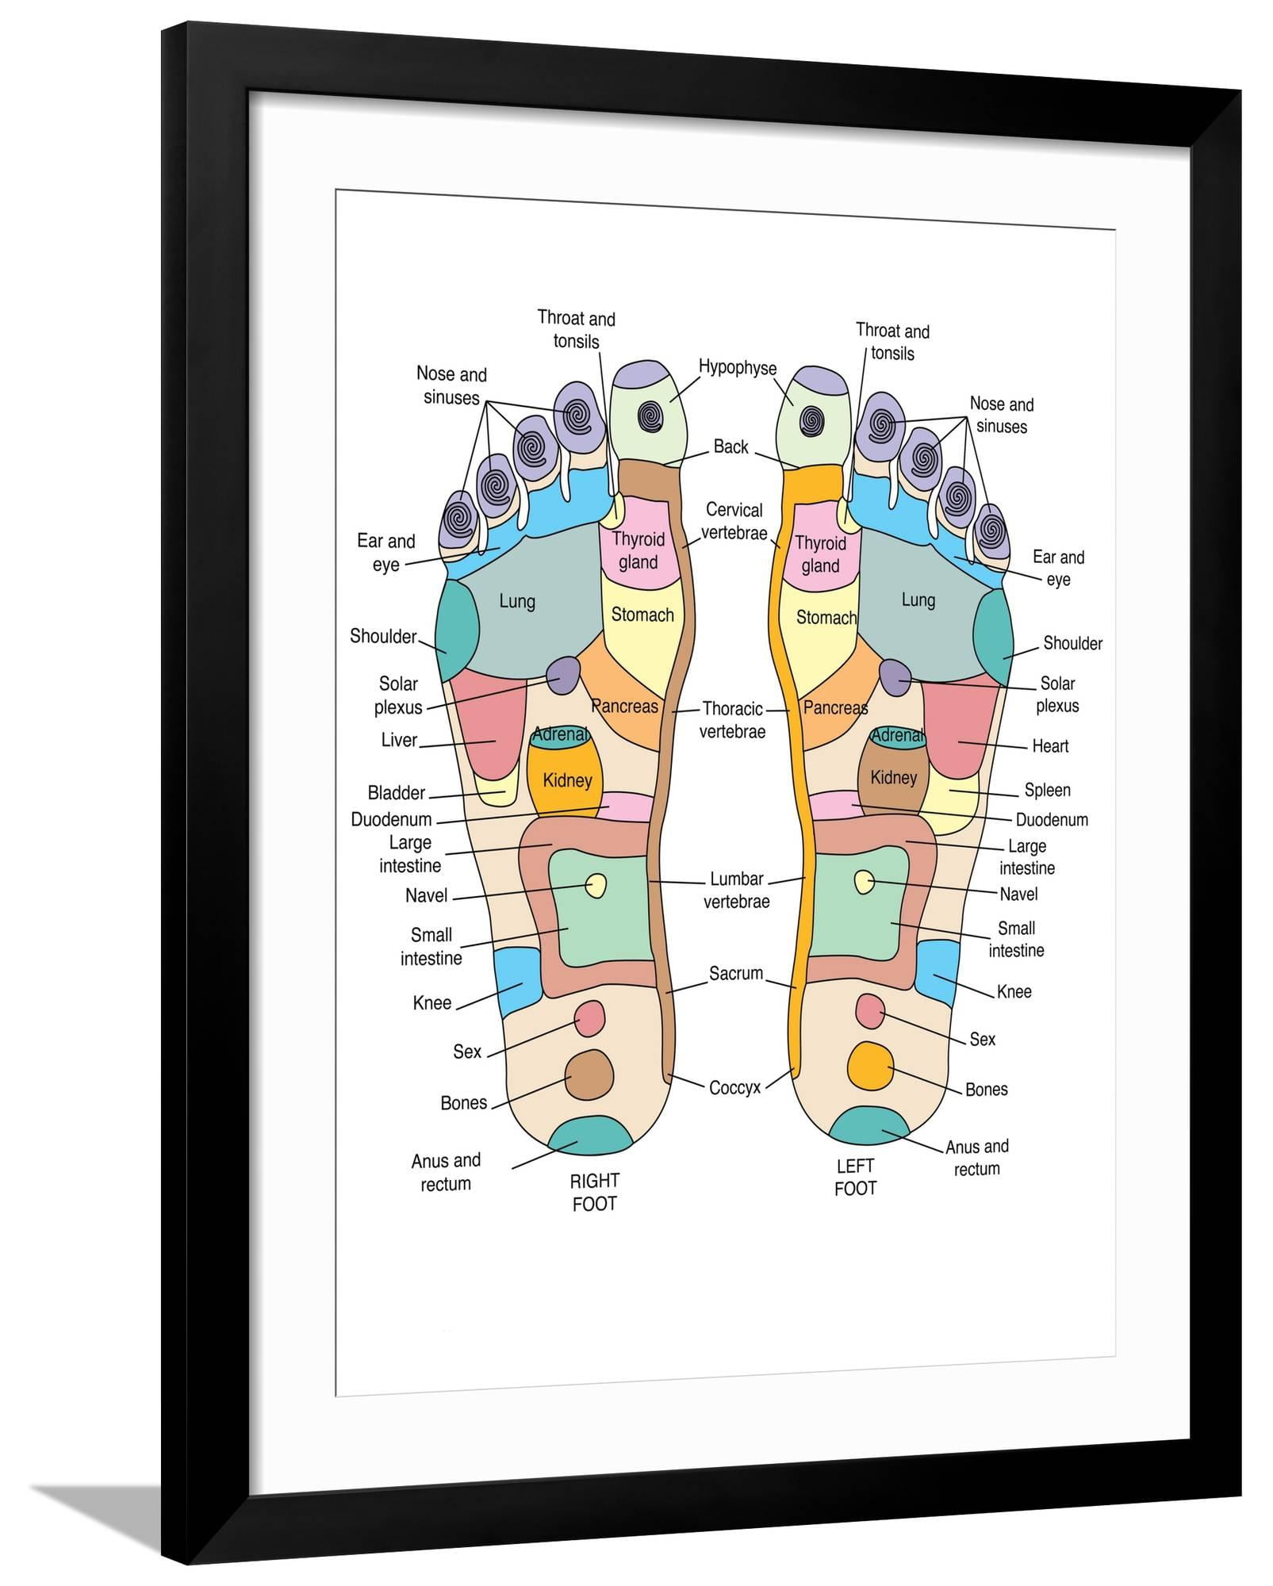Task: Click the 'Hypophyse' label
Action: pos(737,368)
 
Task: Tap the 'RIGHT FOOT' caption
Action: pos(594,1192)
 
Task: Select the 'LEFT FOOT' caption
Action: pos(855,1177)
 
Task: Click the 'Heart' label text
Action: pos(1050,746)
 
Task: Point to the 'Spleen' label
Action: pos(1047,790)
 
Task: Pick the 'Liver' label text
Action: pos(399,741)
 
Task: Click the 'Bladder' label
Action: pos(397,793)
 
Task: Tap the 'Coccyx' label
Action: pos(734,1088)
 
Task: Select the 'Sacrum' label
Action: pos(736,973)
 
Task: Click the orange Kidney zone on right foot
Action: pos(566,780)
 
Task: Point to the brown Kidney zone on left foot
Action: pos(893,778)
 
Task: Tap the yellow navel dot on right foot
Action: pos(595,885)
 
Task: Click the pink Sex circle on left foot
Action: pos(870,1011)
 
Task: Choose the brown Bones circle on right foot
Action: pos(589,1075)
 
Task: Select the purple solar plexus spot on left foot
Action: pos(895,676)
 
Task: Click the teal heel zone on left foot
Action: pos(869,1126)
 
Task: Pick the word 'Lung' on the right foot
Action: pos(517,602)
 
